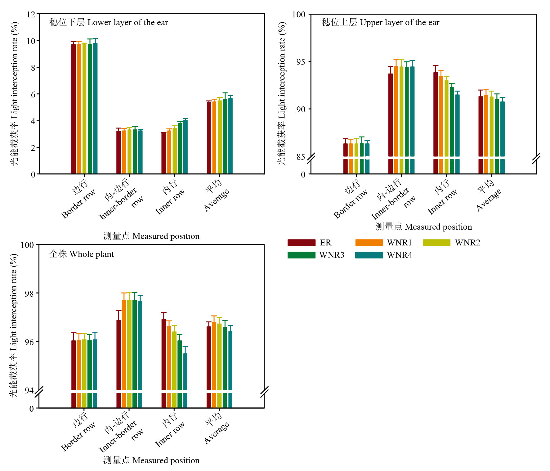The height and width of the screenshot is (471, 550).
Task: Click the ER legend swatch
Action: pyautogui.click(x=301, y=243)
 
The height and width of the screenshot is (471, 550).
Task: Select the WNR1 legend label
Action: pyautogui.click(x=399, y=243)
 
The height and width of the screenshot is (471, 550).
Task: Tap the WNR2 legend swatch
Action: pyautogui.click(x=436, y=243)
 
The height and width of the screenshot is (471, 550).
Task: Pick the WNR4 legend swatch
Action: pyautogui.click(x=369, y=255)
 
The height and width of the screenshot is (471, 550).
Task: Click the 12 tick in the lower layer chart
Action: pyautogui.click(x=31, y=15)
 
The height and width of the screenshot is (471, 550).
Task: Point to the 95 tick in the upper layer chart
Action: pyautogui.click(x=300, y=62)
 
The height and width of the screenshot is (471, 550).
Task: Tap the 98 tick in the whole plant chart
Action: pyautogui.click(x=29, y=293)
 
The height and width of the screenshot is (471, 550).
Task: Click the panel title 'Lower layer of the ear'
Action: pyautogui.click(x=109, y=22)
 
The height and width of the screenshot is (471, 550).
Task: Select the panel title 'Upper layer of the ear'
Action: pyautogui.click(x=380, y=22)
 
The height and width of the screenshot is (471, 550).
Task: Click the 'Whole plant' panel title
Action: pyautogui.click(x=82, y=254)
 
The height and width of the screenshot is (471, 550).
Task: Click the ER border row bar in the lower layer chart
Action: pyautogui.click(x=74, y=109)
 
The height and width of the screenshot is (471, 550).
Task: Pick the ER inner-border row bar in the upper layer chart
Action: pyautogui.click(x=391, y=115)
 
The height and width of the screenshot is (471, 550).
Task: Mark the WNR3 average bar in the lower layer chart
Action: pyautogui.click(x=225, y=136)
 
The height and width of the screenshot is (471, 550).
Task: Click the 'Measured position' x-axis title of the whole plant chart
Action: pyautogui.click(x=151, y=460)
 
